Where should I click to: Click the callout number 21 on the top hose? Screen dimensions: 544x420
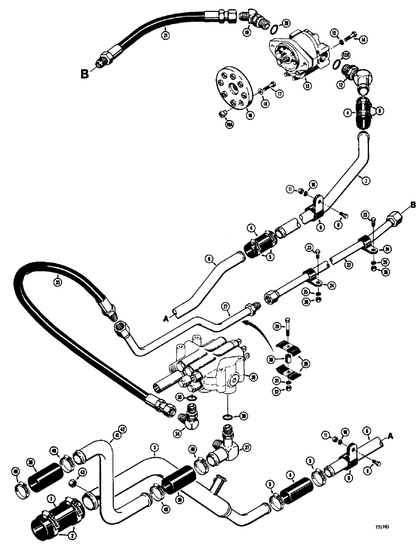coord(164,36)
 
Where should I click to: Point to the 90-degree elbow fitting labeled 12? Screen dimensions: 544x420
coord(354,78)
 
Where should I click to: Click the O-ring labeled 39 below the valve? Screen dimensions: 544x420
coord(228,417)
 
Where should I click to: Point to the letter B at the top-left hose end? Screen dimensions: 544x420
coord(84,74)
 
